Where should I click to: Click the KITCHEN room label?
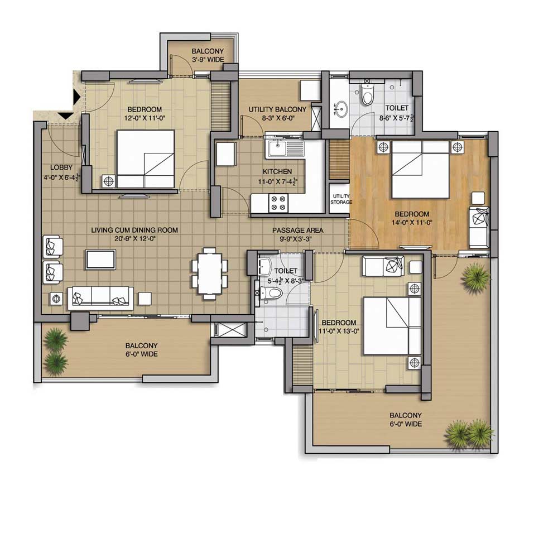277,171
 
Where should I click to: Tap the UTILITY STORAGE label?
341,199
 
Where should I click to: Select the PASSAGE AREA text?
298,231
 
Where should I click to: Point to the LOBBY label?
61,167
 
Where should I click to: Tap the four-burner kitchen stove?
278,203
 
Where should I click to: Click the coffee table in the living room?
100,260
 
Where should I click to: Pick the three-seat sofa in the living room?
100,297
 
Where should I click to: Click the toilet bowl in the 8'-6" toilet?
367,94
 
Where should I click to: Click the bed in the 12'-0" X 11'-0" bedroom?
145,159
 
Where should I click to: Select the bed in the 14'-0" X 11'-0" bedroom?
420,170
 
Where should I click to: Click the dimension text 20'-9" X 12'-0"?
135,239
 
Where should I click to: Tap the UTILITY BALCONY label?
277,109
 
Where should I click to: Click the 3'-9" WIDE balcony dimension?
208,60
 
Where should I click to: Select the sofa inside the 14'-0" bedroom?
479,228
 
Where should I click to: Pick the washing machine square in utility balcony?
310,90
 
